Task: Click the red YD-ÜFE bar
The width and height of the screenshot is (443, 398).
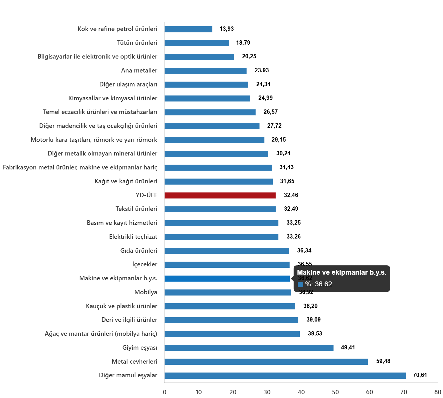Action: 220,196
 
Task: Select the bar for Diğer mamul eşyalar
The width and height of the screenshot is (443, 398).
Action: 285,376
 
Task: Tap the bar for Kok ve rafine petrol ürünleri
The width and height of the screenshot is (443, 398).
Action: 188,29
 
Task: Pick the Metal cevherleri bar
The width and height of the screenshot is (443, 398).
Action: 266,362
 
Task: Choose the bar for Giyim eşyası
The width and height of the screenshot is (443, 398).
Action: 249,348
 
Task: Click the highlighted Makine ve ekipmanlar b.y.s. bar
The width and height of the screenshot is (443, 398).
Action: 227,279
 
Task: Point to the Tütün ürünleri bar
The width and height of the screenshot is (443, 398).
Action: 197,43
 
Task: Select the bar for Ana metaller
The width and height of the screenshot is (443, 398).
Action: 205,71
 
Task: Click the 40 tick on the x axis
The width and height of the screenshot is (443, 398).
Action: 301,392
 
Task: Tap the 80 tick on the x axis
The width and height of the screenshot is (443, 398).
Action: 438,392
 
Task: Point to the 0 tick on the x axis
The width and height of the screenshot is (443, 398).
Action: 165,392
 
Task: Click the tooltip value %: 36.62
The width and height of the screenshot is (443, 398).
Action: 318,284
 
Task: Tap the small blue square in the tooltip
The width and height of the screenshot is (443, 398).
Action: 300,284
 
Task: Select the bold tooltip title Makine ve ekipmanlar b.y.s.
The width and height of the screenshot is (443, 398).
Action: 342,272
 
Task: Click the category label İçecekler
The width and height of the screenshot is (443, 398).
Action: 145,264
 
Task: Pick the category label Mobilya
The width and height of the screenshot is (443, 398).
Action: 146,292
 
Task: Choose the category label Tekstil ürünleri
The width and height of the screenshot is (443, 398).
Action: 136,209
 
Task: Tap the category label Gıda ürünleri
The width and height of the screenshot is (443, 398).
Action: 139,250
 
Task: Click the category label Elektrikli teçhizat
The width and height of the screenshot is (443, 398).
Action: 133,237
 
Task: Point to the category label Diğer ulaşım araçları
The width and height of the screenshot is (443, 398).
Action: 128,84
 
